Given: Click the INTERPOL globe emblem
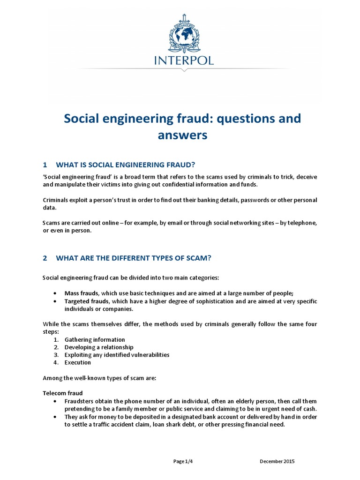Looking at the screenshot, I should click(x=184, y=36).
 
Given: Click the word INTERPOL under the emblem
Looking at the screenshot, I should click(x=183, y=60).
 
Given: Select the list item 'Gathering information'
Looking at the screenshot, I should click(x=95, y=339).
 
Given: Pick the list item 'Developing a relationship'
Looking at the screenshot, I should click(x=99, y=347).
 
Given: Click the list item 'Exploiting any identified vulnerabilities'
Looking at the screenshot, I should click(x=117, y=355).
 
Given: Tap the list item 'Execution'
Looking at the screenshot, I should click(x=78, y=362).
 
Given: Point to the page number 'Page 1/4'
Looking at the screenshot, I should click(x=183, y=461).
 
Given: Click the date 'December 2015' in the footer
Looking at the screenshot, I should click(x=277, y=461).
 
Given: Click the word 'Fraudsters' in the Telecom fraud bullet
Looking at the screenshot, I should click(x=79, y=401).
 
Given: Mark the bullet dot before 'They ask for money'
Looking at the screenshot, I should click(x=55, y=417).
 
